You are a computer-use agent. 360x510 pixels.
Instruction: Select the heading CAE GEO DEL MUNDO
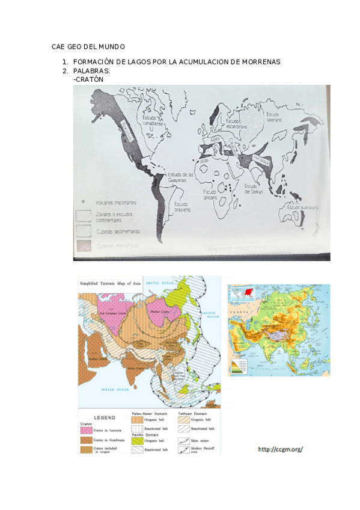(88, 47)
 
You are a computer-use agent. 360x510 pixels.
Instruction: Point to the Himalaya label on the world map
(260, 159)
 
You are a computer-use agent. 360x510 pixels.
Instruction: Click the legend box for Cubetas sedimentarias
(83, 230)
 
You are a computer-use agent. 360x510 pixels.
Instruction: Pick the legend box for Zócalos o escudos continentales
(83, 215)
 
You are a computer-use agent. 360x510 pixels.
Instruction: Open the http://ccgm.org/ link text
(281, 449)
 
